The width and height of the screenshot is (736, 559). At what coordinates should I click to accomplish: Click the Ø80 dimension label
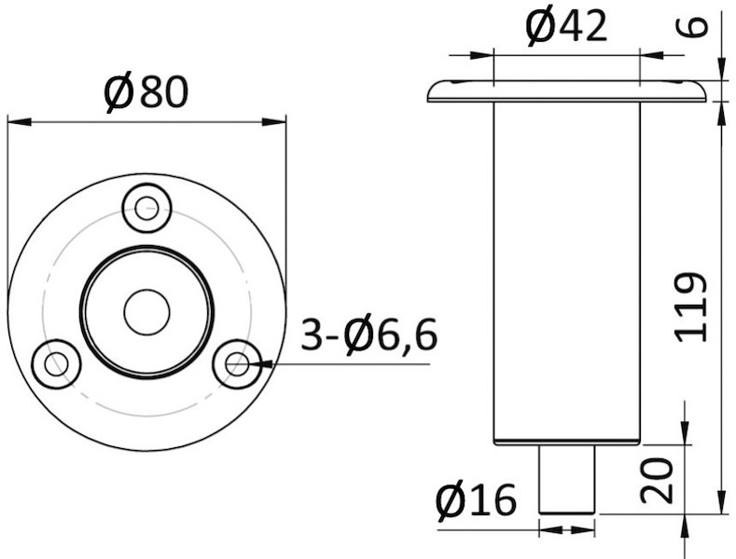(x=146, y=92)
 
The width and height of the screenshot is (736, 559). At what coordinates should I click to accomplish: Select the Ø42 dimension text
(x=566, y=27)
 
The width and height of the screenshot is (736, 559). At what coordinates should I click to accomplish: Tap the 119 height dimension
(x=690, y=307)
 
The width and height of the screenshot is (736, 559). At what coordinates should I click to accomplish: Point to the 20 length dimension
(x=657, y=481)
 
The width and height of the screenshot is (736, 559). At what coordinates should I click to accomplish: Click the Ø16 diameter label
(x=476, y=500)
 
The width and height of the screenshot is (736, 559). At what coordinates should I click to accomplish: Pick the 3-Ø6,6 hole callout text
(x=369, y=334)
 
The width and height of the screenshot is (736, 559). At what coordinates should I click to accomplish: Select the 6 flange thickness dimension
(x=691, y=27)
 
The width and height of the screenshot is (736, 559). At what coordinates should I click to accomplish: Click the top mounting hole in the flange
(x=146, y=209)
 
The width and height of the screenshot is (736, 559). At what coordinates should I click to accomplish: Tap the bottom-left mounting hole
(x=56, y=364)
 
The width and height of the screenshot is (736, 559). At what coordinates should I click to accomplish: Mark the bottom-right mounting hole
(x=237, y=364)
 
